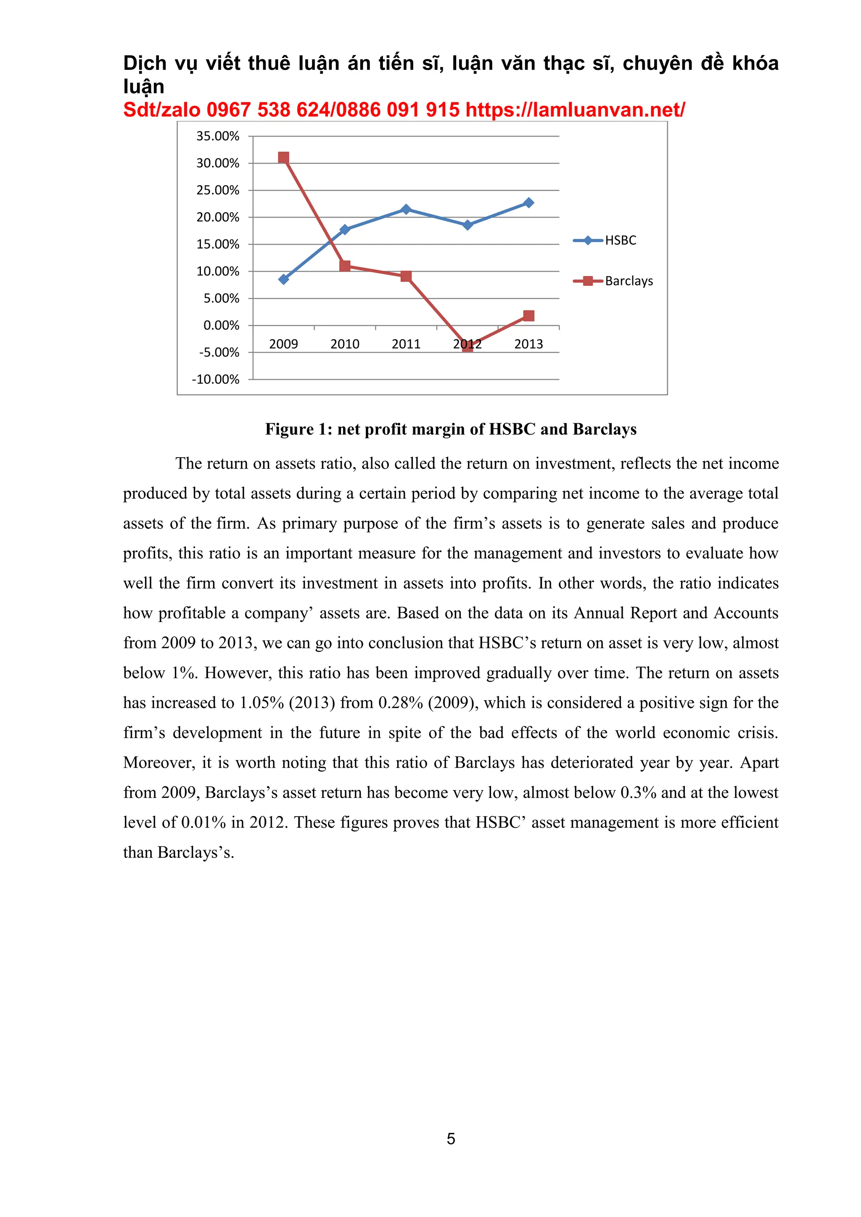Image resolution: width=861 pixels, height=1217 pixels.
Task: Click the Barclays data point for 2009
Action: pos(284,158)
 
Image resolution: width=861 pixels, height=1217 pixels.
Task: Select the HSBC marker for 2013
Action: pos(528,203)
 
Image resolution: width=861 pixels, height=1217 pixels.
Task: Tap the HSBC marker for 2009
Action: pos(284,279)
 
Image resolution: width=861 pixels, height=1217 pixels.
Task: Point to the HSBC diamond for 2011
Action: pos(406,209)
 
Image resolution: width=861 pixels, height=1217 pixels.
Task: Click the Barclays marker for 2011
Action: pos(406,276)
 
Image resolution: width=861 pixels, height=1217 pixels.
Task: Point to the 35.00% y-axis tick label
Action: pos(218,136)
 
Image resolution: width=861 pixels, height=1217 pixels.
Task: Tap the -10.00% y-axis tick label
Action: pos(216,379)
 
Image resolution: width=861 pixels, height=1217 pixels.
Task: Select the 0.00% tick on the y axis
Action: pos(221,325)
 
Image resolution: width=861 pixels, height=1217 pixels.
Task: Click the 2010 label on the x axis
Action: pos(345,344)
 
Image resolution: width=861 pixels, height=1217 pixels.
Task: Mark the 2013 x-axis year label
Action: pos(528,344)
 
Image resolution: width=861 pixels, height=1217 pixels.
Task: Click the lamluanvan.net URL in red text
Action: pos(575,110)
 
